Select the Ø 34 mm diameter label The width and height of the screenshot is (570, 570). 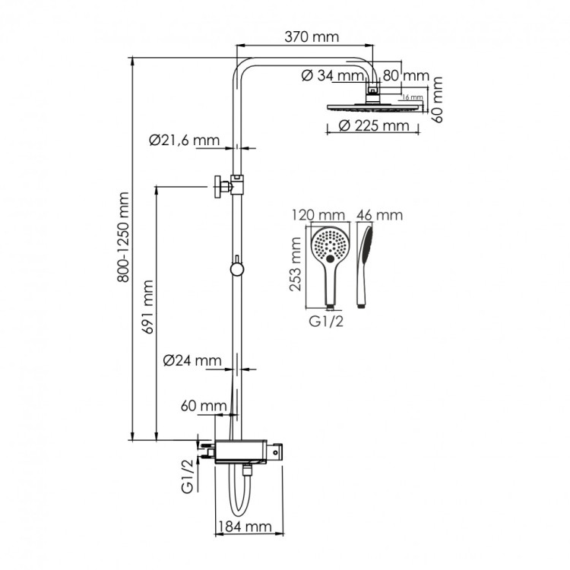(332, 75)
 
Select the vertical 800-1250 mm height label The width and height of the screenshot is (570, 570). (125, 247)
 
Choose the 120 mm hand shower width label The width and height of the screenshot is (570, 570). (317, 215)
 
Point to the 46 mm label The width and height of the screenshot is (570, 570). (378, 215)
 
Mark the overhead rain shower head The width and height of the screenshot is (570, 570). (372, 106)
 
